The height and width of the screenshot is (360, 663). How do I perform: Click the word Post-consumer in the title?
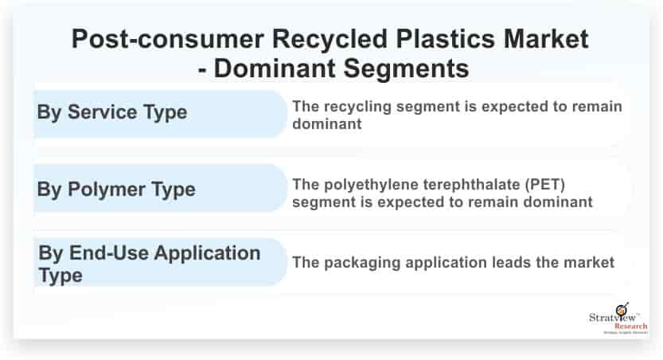pos(168,39)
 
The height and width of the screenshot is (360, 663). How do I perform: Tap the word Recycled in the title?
pos(330,39)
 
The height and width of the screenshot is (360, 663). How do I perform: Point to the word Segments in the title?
pos(406,68)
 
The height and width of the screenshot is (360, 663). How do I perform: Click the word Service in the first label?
pos(103,112)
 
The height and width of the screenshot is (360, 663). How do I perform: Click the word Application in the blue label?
pos(207,254)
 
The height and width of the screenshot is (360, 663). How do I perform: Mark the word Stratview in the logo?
pos(612,317)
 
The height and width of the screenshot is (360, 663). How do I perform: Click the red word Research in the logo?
pos(631,327)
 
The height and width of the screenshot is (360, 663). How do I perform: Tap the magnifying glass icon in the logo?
pos(622,309)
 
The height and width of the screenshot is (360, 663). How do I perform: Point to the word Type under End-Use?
pos(60,276)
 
